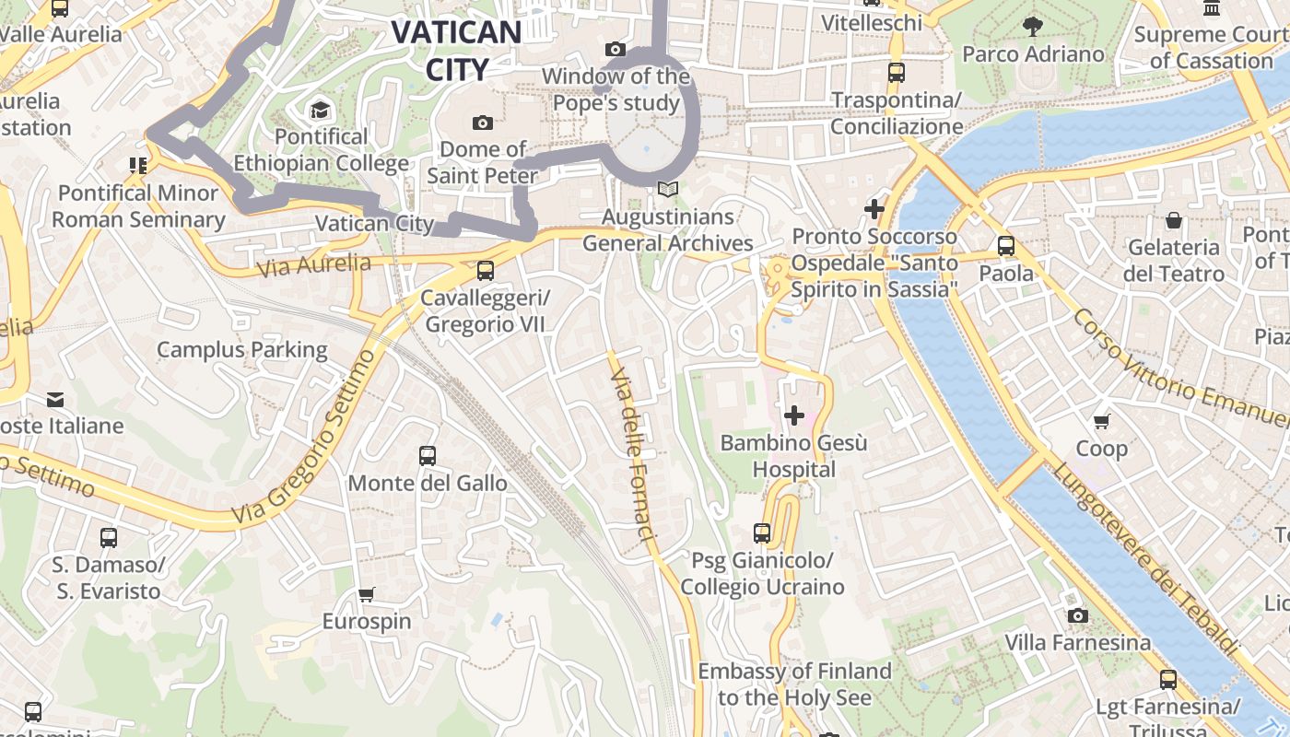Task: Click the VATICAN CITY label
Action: tap(456, 50)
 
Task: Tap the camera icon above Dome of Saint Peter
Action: tap(482, 123)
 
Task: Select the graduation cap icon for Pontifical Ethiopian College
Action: tap(320, 111)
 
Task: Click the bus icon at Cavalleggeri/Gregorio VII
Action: tap(485, 271)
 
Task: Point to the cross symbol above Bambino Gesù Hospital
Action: tap(793, 415)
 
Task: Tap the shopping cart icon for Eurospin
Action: tap(367, 594)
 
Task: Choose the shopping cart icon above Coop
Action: tap(1101, 421)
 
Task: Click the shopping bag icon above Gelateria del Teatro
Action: tap(1174, 220)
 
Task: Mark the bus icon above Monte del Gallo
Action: tap(427, 455)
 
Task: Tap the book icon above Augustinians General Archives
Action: tap(667, 189)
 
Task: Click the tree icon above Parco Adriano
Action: tap(1032, 27)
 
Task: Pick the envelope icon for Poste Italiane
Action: tap(55, 399)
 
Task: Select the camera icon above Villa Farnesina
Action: tap(1077, 614)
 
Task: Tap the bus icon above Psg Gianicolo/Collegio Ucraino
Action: tap(761, 532)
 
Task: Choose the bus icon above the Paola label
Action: tap(1005, 246)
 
